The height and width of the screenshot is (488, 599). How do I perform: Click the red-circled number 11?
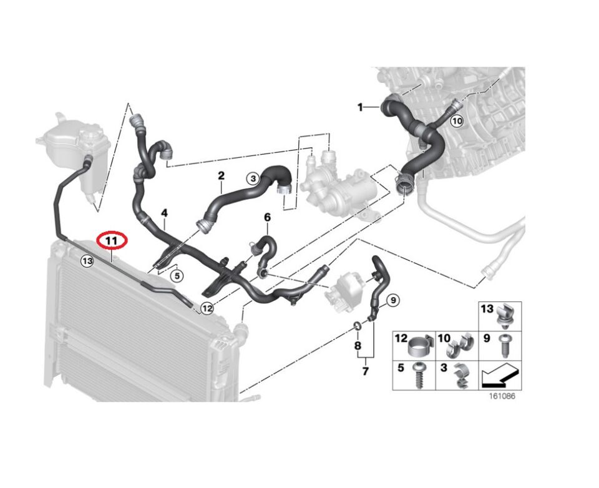click(111, 241)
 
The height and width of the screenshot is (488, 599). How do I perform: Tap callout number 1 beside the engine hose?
click(360, 107)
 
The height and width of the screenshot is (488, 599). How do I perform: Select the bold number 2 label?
click(221, 176)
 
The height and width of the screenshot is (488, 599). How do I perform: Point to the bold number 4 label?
click(164, 213)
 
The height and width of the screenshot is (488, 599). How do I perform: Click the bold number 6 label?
click(268, 217)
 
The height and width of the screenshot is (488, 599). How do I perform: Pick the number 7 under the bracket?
click(365, 371)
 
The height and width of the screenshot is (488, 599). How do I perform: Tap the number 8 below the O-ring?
click(358, 346)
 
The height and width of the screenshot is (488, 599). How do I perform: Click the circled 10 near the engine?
click(457, 122)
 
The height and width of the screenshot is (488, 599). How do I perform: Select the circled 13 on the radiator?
click(87, 261)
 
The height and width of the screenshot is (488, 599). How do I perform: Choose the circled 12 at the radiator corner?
click(207, 308)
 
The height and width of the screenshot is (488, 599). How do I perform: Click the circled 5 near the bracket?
click(177, 276)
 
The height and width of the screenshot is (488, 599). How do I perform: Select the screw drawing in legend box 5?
click(418, 376)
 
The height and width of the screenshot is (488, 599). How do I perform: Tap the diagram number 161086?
click(502, 396)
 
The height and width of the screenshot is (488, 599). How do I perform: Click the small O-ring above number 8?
click(358, 326)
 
